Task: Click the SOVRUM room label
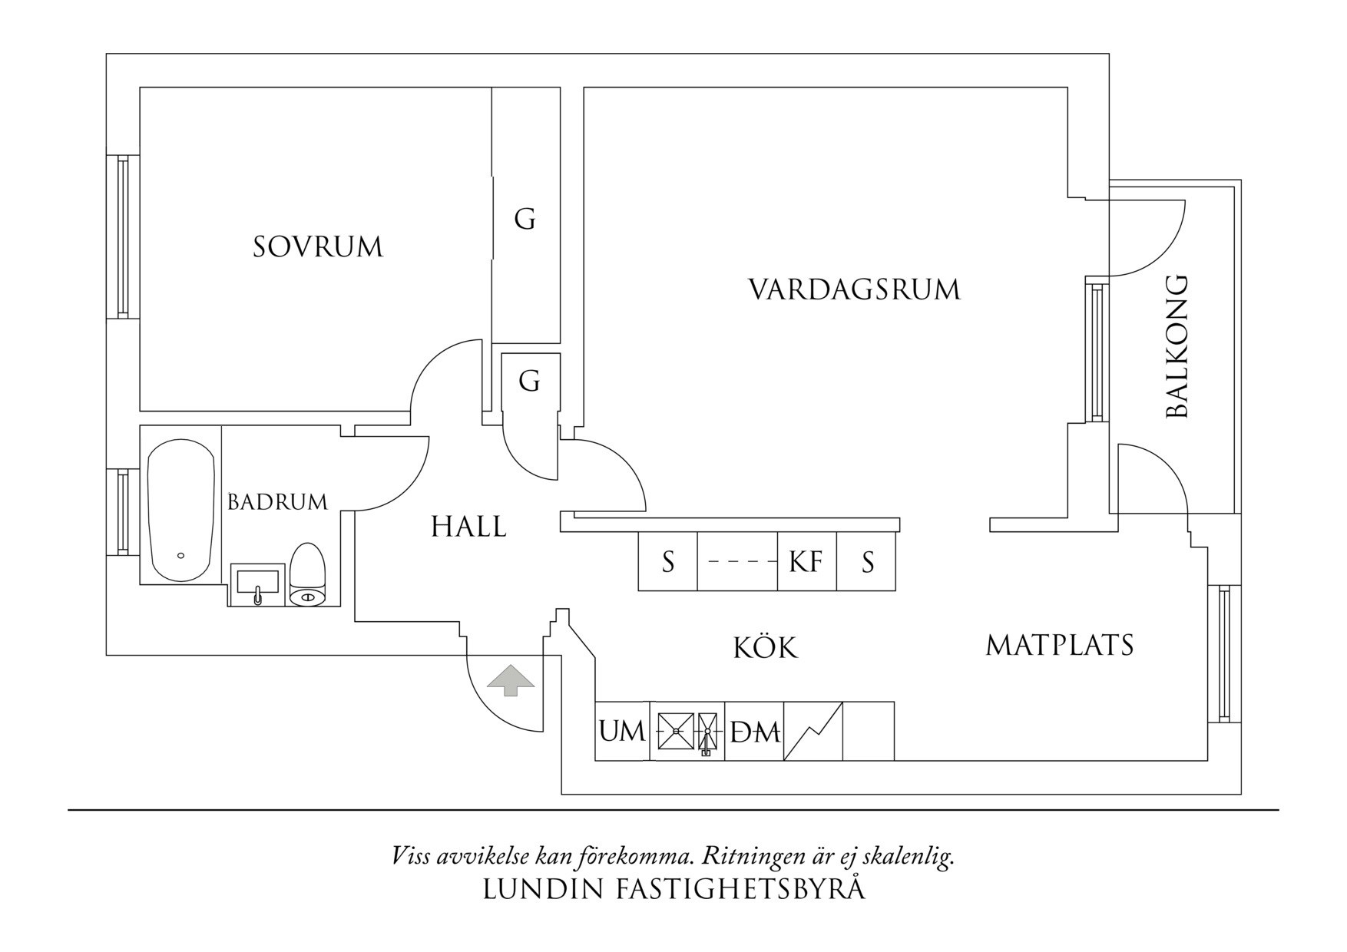[318, 247]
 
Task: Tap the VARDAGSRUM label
[854, 290]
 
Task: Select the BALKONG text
[1177, 346]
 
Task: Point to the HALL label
[468, 527]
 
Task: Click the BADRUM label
[277, 502]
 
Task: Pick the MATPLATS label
[1060, 645]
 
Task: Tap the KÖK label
[765, 647]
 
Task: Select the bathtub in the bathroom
[180, 511]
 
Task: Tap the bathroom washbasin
[257, 584]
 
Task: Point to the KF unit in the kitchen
[806, 562]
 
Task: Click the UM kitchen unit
[622, 731]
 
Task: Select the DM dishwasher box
[754, 732]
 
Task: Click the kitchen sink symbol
[687, 731]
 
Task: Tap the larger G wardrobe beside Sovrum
[525, 220]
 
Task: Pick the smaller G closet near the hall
[529, 382]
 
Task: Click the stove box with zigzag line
[813, 731]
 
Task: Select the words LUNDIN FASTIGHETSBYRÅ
[673, 889]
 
